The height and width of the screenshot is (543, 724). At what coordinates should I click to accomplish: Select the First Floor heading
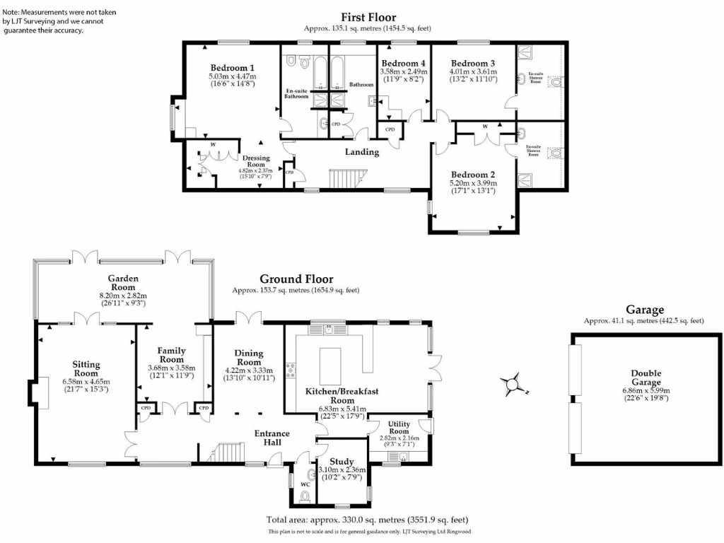pyautogui.click(x=368, y=17)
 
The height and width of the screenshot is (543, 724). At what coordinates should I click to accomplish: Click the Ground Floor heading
pyautogui.click(x=296, y=279)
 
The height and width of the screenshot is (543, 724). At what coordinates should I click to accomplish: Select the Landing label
pyautogui.click(x=361, y=151)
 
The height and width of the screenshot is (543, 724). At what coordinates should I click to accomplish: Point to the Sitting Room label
pyautogui.click(x=86, y=368)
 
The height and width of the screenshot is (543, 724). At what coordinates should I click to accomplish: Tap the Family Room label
pyautogui.click(x=171, y=354)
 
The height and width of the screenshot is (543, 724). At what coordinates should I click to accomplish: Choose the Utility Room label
pyautogui.click(x=399, y=427)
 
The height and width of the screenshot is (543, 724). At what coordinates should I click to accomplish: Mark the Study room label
pyautogui.click(x=341, y=462)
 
